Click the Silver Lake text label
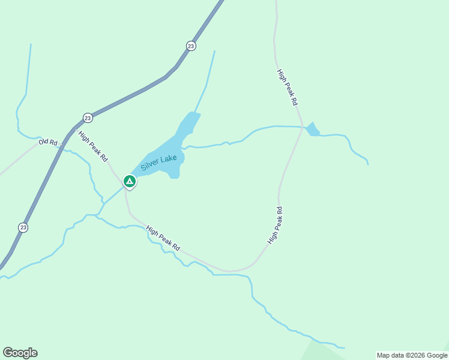158,162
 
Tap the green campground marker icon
129,181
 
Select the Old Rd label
47,142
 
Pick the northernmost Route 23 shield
191,46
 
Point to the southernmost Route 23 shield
23,227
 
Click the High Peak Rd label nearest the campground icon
93,146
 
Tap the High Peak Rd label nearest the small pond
287,88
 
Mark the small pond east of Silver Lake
312,130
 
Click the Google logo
20,353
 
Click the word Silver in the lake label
150,165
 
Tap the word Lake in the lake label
168,158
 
